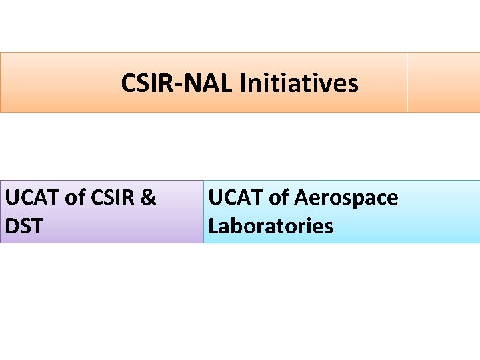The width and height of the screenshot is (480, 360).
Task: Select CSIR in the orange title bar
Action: point(144,84)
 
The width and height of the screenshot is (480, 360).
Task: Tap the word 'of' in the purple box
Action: point(75,198)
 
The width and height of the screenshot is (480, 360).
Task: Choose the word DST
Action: point(24,226)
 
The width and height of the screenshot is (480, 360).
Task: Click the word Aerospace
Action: point(346,198)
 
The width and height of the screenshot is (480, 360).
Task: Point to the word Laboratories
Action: point(271,226)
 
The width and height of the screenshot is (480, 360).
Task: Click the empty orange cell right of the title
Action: point(443,83)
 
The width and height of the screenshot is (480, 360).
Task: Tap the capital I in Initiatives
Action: point(243,84)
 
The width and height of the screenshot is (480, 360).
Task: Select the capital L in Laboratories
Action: point(213,226)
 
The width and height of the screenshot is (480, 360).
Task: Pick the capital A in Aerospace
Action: point(301,198)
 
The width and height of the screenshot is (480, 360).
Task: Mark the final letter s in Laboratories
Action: point(328,227)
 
